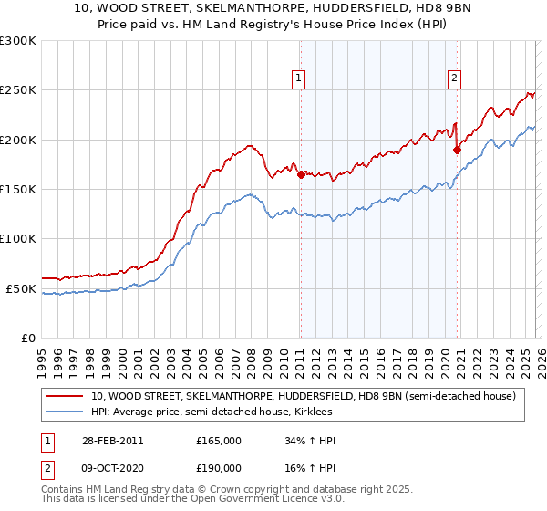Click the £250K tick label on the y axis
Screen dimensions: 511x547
pyautogui.click(x=18, y=90)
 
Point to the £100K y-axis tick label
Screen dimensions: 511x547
pyautogui.click(x=18, y=239)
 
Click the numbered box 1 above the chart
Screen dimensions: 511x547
pyautogui.click(x=299, y=78)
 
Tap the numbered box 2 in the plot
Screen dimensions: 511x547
pyautogui.click(x=454, y=78)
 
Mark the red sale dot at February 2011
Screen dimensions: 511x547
pyautogui.click(x=301, y=174)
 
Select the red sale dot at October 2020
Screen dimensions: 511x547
pyautogui.click(x=457, y=151)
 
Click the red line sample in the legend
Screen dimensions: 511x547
pyautogui.click(x=65, y=397)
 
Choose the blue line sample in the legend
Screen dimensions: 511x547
pyautogui.click(x=65, y=412)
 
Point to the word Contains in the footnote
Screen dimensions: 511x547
pyautogui.click(x=63, y=490)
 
